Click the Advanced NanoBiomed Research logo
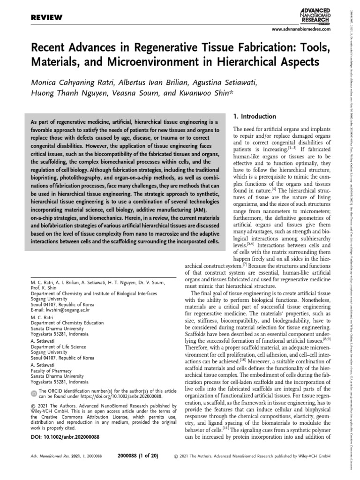tap(315, 15)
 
